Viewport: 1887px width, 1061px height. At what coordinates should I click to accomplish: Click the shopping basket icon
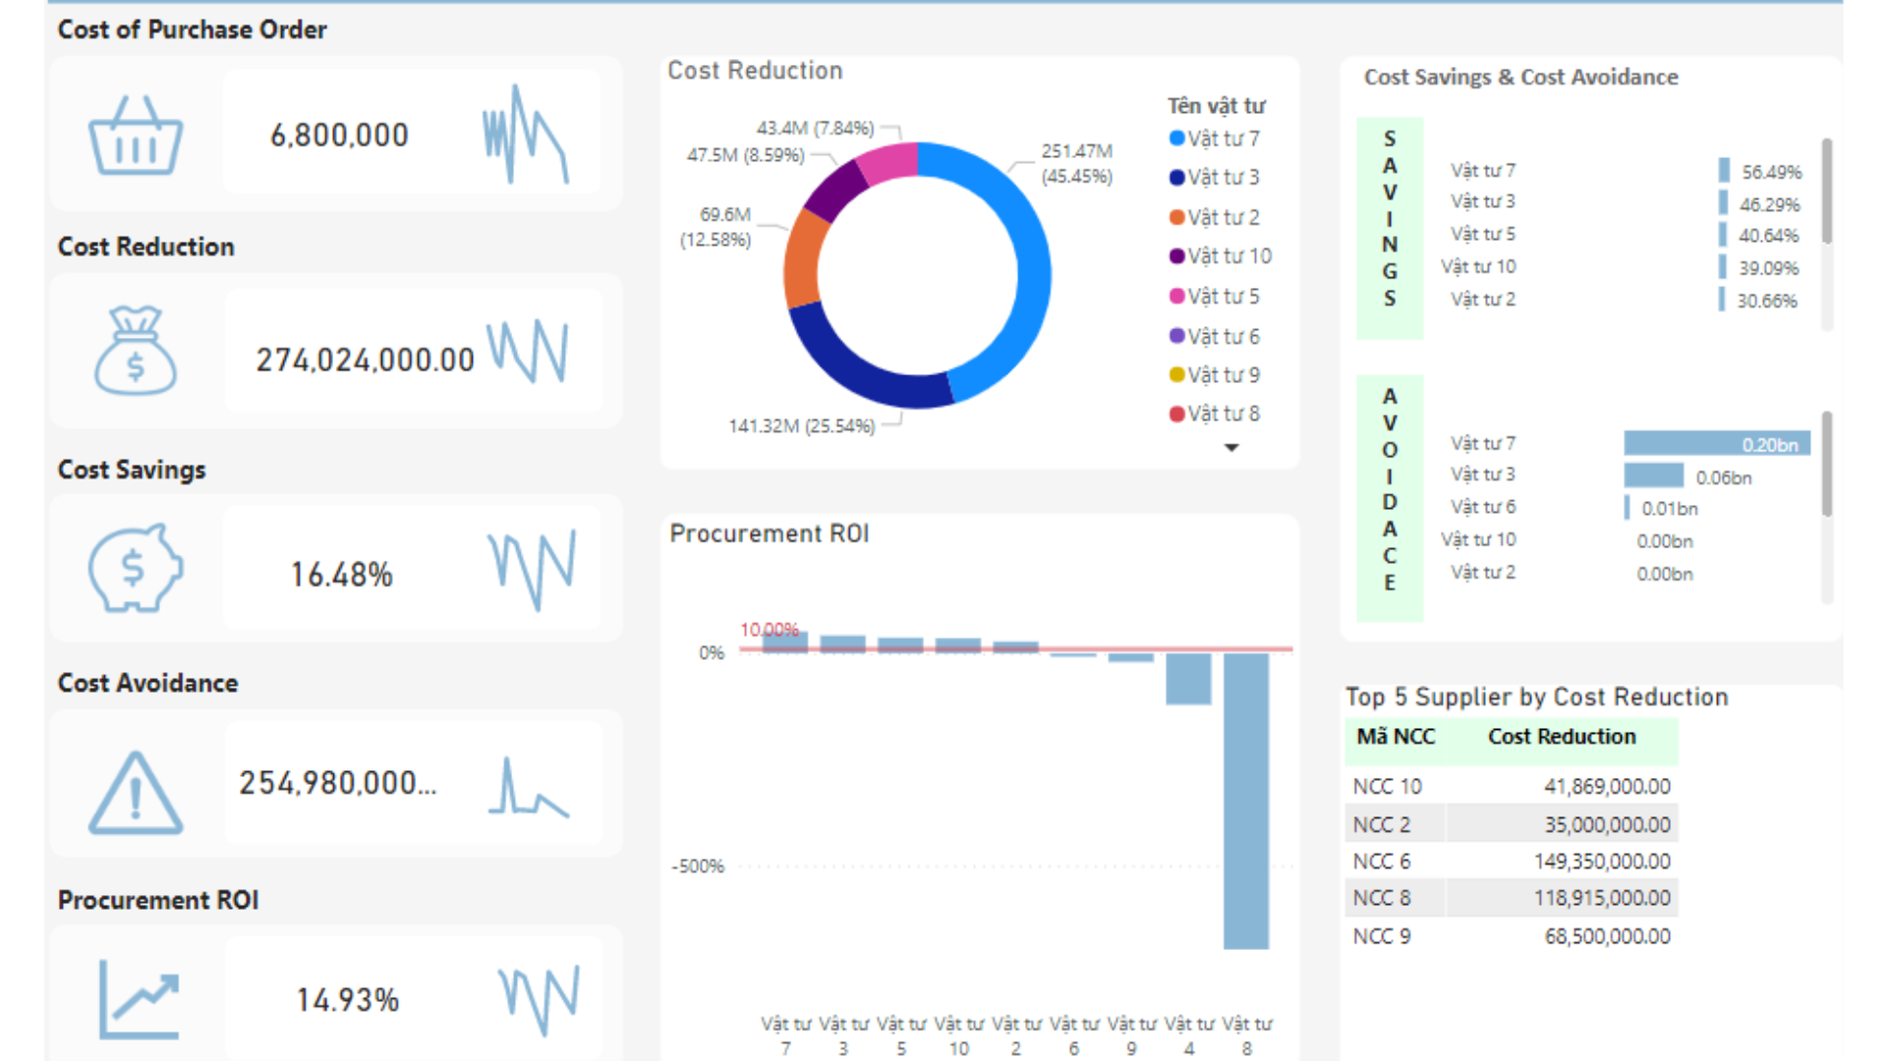(136, 137)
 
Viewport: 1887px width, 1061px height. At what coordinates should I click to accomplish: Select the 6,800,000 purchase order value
(339, 135)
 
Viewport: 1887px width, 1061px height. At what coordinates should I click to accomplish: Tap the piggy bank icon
(136, 568)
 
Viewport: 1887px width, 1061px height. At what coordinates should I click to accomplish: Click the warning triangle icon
(136, 794)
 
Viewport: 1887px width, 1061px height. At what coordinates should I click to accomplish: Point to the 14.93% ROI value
(347, 1000)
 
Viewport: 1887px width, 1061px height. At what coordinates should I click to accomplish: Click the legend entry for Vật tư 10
(1220, 256)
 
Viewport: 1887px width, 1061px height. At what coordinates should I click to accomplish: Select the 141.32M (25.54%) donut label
(801, 425)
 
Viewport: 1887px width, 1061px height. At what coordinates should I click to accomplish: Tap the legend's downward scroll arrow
(1230, 448)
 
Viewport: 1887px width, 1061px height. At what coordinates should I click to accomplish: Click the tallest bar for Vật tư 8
(1245, 801)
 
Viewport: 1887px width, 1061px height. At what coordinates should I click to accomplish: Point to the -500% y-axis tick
(697, 866)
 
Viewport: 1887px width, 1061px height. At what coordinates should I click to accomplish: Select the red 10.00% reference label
(769, 630)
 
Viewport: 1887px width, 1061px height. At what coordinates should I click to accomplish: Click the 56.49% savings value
(1771, 172)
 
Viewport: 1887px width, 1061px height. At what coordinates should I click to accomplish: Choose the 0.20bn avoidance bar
(1715, 444)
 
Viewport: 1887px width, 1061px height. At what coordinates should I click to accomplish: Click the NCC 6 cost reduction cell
(1601, 862)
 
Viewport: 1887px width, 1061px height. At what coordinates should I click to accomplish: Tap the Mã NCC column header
(1396, 737)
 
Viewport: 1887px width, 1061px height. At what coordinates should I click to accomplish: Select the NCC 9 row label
(1381, 936)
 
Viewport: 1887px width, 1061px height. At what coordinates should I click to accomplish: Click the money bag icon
(136, 351)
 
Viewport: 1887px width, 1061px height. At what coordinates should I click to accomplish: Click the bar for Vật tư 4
(1188, 679)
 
